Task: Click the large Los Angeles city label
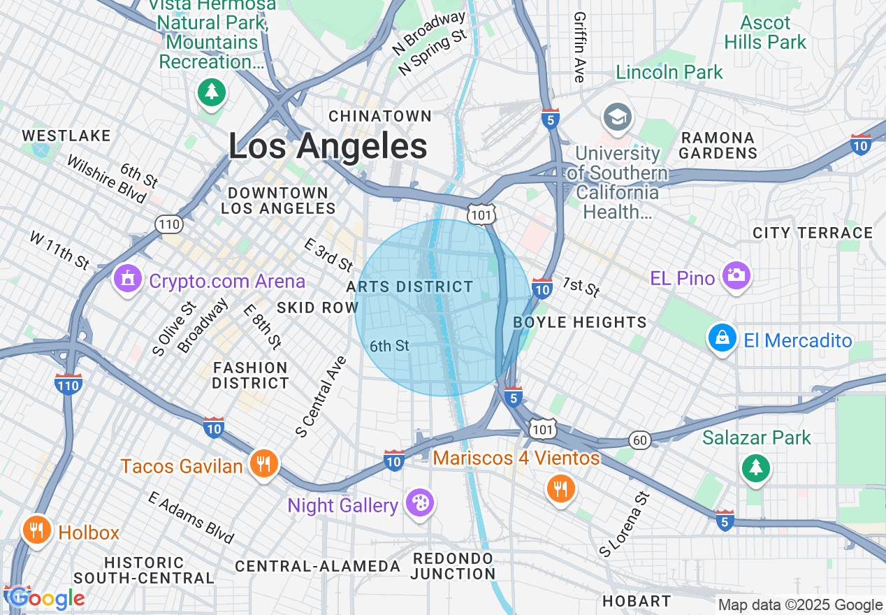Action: pos(328,147)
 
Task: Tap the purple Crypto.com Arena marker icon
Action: pos(127,280)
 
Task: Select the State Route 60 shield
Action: pos(639,440)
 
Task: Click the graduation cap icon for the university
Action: pos(618,117)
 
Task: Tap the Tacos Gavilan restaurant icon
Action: pos(263,464)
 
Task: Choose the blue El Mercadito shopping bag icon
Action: pos(722,338)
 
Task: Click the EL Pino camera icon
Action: pos(736,276)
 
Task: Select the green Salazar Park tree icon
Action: pos(755,466)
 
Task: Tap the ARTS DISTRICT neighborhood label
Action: pos(410,287)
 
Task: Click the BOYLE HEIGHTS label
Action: pos(580,322)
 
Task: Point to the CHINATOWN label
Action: pos(380,116)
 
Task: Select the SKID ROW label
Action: pos(317,307)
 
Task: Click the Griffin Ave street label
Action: pos(579,47)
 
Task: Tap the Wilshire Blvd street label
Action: pos(106,179)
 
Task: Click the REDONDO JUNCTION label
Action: pos(453,566)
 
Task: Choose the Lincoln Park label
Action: pos(669,72)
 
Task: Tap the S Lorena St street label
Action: pos(624,523)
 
